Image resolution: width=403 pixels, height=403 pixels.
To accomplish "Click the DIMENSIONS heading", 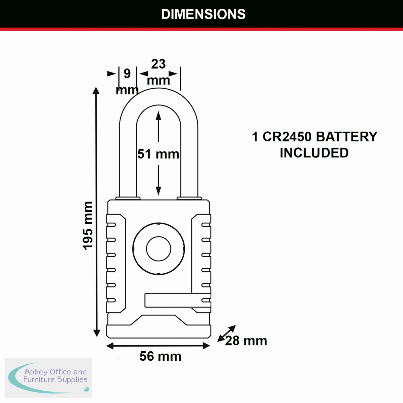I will point(203,14).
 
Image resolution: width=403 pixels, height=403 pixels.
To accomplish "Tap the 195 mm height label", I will point(88,225).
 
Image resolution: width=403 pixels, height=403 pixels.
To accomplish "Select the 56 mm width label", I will point(160,356).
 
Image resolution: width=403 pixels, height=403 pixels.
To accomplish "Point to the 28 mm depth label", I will point(246,341).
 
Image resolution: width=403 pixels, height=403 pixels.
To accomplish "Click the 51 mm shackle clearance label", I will point(158,154).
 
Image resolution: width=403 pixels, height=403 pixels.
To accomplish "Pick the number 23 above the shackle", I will point(158,64).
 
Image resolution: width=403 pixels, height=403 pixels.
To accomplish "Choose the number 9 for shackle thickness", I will point(127,73).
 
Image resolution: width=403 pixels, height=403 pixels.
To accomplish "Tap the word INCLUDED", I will point(314,153).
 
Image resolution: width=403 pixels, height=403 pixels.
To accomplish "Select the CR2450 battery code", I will point(287,137).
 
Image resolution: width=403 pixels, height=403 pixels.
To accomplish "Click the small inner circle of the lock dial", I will point(159,249).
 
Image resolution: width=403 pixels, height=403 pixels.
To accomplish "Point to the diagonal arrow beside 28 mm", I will point(227,333).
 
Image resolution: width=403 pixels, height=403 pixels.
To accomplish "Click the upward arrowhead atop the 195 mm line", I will point(96,91).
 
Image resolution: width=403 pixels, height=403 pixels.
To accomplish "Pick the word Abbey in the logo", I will point(36,372).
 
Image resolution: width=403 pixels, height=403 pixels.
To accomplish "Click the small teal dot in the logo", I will point(86,389).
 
